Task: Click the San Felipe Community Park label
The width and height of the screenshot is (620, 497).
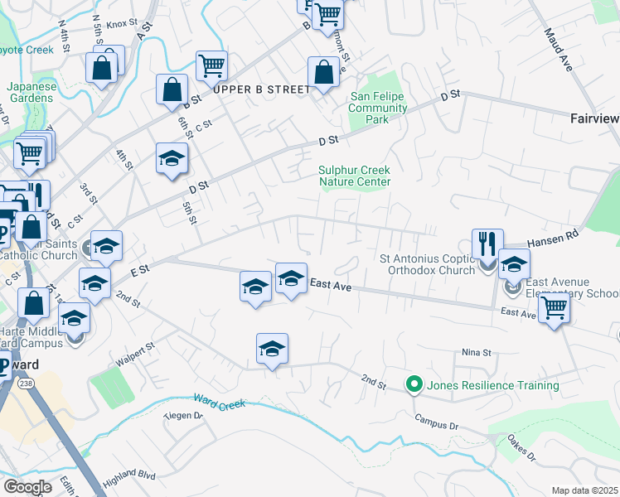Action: point(377,108)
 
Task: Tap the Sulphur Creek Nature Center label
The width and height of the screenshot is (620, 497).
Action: point(354,176)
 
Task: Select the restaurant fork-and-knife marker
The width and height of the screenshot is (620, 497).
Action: point(487,244)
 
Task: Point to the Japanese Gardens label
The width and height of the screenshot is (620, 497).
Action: point(31,92)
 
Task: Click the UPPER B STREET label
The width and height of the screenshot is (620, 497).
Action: point(261,89)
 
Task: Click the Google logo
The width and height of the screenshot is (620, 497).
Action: point(27,486)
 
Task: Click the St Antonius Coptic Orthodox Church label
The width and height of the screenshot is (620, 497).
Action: point(428,263)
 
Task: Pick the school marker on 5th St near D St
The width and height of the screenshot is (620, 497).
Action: point(172,158)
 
